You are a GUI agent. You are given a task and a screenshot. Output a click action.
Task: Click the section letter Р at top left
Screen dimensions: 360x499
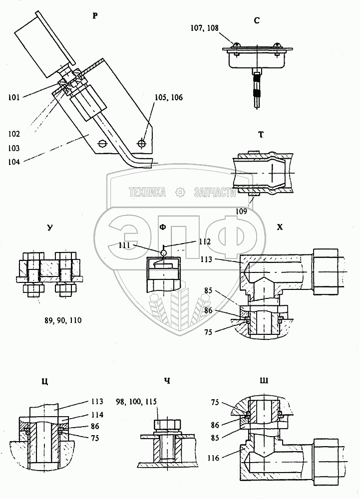point(95,15)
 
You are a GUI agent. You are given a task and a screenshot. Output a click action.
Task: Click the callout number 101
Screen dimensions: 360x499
point(14,97)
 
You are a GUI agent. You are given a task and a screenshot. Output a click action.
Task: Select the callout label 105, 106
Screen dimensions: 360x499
point(168,97)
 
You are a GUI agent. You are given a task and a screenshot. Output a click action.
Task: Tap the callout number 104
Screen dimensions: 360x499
point(14,162)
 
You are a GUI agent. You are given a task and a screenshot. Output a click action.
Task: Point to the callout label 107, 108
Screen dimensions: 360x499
point(204,28)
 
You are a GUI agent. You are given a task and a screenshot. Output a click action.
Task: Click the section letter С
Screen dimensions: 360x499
point(257,20)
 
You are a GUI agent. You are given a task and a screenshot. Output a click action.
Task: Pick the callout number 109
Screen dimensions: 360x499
point(241,211)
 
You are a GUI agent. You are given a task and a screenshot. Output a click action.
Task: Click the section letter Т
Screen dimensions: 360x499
point(261,135)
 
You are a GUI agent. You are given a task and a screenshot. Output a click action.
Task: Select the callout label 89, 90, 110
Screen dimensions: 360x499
point(63,320)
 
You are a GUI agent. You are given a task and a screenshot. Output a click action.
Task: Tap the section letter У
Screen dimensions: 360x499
point(49,228)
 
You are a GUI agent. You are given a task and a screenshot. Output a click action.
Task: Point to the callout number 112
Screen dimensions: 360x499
point(205,242)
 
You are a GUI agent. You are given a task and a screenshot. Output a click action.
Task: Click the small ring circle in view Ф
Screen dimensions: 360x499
point(163,253)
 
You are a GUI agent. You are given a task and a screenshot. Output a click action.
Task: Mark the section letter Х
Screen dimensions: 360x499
point(280,227)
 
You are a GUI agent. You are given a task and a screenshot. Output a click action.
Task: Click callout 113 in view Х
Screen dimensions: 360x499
point(206,259)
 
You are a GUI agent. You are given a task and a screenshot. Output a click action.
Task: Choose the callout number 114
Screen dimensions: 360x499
point(97,415)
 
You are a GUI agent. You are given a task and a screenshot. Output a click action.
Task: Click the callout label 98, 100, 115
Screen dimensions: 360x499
point(136,402)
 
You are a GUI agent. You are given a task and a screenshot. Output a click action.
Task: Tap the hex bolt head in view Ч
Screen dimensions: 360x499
point(168,425)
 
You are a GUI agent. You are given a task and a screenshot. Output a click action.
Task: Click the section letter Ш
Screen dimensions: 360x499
point(264,381)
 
